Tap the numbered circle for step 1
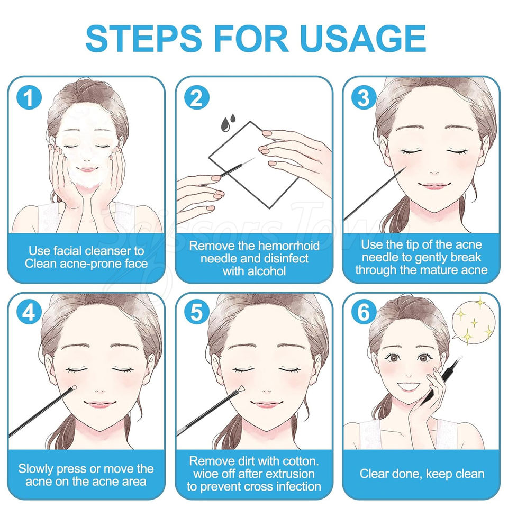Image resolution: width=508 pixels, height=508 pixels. [x=29, y=97]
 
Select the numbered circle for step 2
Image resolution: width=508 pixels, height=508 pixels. [x=197, y=97]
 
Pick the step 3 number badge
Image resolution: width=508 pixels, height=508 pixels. [x=364, y=97]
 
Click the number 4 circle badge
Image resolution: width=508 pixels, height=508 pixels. [x=29, y=312]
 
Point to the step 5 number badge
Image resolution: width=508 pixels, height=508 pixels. [x=197, y=312]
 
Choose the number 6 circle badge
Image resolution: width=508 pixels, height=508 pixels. [x=364, y=312]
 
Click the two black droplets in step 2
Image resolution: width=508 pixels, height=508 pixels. [x=228, y=122]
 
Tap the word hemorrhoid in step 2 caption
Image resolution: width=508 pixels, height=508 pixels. [x=287, y=246]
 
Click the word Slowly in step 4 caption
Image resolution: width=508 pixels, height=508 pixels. [x=36, y=469]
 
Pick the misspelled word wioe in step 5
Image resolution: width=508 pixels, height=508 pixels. [x=206, y=474]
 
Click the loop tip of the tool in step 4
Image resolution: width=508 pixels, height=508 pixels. [x=74, y=387]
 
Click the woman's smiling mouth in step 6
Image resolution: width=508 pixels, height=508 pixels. [x=409, y=386]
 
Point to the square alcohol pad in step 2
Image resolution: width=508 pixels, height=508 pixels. [x=253, y=165]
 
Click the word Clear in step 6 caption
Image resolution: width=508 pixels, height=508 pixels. [x=374, y=474]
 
